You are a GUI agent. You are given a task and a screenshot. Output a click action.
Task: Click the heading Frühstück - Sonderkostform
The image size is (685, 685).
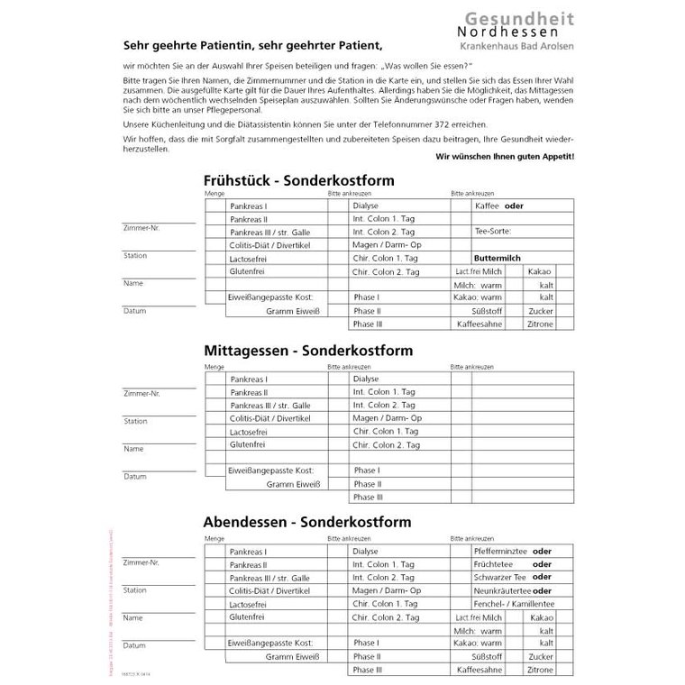coord(298,180)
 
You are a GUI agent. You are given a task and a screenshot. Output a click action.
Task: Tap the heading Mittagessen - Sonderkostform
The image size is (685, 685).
coord(308,350)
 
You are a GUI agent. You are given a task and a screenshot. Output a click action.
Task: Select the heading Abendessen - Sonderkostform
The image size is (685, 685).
coord(307,521)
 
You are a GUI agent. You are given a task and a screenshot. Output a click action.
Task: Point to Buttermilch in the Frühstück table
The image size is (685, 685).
coord(498,258)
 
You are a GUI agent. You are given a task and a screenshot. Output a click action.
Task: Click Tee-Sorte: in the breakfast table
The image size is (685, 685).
coord(492,232)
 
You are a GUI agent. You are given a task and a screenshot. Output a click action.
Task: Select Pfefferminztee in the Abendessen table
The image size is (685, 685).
coord(501,551)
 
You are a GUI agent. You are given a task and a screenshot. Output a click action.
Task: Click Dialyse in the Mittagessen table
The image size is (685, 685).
coord(366,379)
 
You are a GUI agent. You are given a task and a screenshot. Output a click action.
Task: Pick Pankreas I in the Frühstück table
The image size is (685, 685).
coord(248,206)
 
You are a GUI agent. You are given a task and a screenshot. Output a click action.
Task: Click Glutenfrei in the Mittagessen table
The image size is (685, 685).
coord(247,444)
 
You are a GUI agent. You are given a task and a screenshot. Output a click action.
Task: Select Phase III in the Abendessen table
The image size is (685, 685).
coord(368,670)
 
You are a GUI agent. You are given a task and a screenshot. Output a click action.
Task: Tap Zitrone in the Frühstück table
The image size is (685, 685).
coord(541,324)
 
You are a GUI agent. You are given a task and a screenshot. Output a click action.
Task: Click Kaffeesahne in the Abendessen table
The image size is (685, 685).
coord(479,670)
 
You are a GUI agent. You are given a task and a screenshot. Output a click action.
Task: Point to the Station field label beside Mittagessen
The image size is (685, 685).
coord(135,421)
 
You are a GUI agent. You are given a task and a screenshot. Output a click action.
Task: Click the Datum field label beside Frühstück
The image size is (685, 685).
coord(134,310)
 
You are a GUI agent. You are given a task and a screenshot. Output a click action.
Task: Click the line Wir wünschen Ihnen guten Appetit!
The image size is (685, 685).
coord(504,157)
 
